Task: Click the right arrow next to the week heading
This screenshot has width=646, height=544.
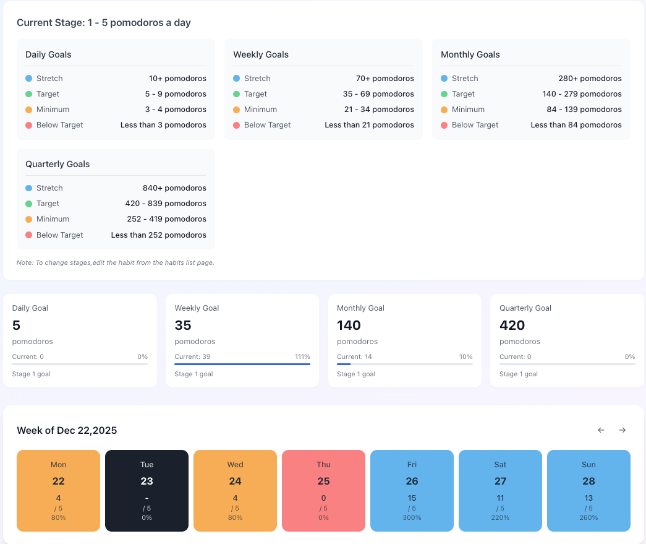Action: coord(623,430)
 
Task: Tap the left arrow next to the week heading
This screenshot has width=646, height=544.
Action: coord(601,430)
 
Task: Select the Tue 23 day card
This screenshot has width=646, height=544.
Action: coord(147,490)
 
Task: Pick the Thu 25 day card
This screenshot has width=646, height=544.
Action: coord(323,490)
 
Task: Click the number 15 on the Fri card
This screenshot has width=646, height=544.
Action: coord(412,498)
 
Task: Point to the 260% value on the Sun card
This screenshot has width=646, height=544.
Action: coord(589,517)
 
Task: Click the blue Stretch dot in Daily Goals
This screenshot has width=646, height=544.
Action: coord(28,79)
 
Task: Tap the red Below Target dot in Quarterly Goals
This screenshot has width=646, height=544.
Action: coord(28,235)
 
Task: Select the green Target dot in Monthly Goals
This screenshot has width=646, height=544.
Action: coord(444,94)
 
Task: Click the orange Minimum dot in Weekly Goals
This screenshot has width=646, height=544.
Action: coord(236,110)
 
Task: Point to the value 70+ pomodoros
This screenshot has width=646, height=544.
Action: coord(385,79)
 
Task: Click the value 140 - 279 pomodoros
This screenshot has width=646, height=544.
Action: coord(582,94)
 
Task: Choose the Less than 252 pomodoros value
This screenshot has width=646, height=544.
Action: coord(158,235)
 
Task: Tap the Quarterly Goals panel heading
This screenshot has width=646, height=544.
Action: coord(57,164)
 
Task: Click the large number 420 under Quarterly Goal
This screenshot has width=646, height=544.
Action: coord(512,325)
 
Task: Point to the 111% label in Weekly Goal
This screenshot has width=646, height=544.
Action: coord(302,356)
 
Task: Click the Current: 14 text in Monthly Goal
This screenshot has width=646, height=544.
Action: coord(354,356)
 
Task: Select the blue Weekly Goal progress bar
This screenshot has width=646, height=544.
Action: coord(242,364)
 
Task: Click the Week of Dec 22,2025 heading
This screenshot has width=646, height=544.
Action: coord(67,431)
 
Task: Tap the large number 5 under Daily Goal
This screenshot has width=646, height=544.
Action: coord(16,325)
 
